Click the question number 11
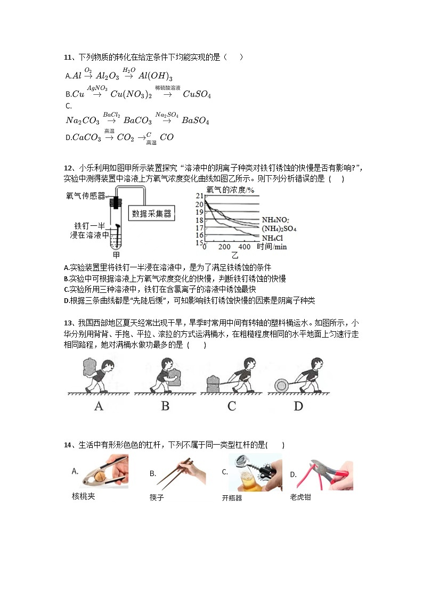click(68, 58)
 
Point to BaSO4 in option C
click(195, 121)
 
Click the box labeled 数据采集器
click(152, 214)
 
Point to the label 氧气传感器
click(85, 195)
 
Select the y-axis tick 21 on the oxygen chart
click(200, 196)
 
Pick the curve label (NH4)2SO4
click(279, 228)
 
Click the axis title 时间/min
click(272, 247)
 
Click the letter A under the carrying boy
click(99, 406)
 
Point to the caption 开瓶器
click(232, 498)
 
